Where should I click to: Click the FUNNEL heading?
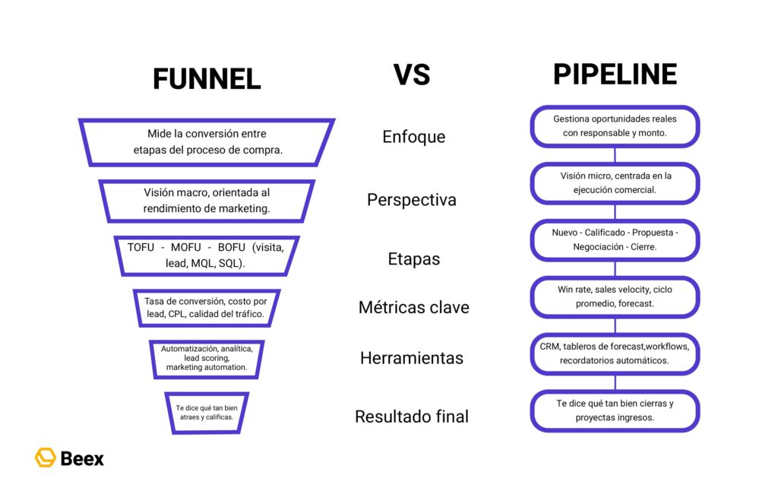click(x=207, y=78)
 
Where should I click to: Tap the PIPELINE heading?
click(x=615, y=74)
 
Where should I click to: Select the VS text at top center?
click(x=411, y=74)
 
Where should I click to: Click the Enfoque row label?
click(x=413, y=137)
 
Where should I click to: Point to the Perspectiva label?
click(x=411, y=200)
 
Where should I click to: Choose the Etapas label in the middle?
click(x=413, y=259)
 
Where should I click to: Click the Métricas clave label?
click(x=413, y=308)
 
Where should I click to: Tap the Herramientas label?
click(x=413, y=358)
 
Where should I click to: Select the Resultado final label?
click(x=411, y=416)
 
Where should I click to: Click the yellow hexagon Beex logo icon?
click(x=45, y=458)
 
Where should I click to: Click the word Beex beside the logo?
click(x=81, y=458)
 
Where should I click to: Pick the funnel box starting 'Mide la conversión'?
click(x=207, y=142)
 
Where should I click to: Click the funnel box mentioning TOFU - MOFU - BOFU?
click(x=207, y=255)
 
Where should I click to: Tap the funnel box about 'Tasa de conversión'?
click(x=207, y=308)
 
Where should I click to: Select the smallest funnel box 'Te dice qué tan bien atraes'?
click(x=207, y=413)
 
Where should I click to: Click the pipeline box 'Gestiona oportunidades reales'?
click(x=615, y=126)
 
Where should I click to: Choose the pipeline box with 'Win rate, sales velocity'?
click(x=615, y=296)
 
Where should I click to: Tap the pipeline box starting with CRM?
click(x=615, y=353)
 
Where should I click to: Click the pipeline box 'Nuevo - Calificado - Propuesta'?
click(x=615, y=239)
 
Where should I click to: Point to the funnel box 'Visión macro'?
click(x=207, y=201)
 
